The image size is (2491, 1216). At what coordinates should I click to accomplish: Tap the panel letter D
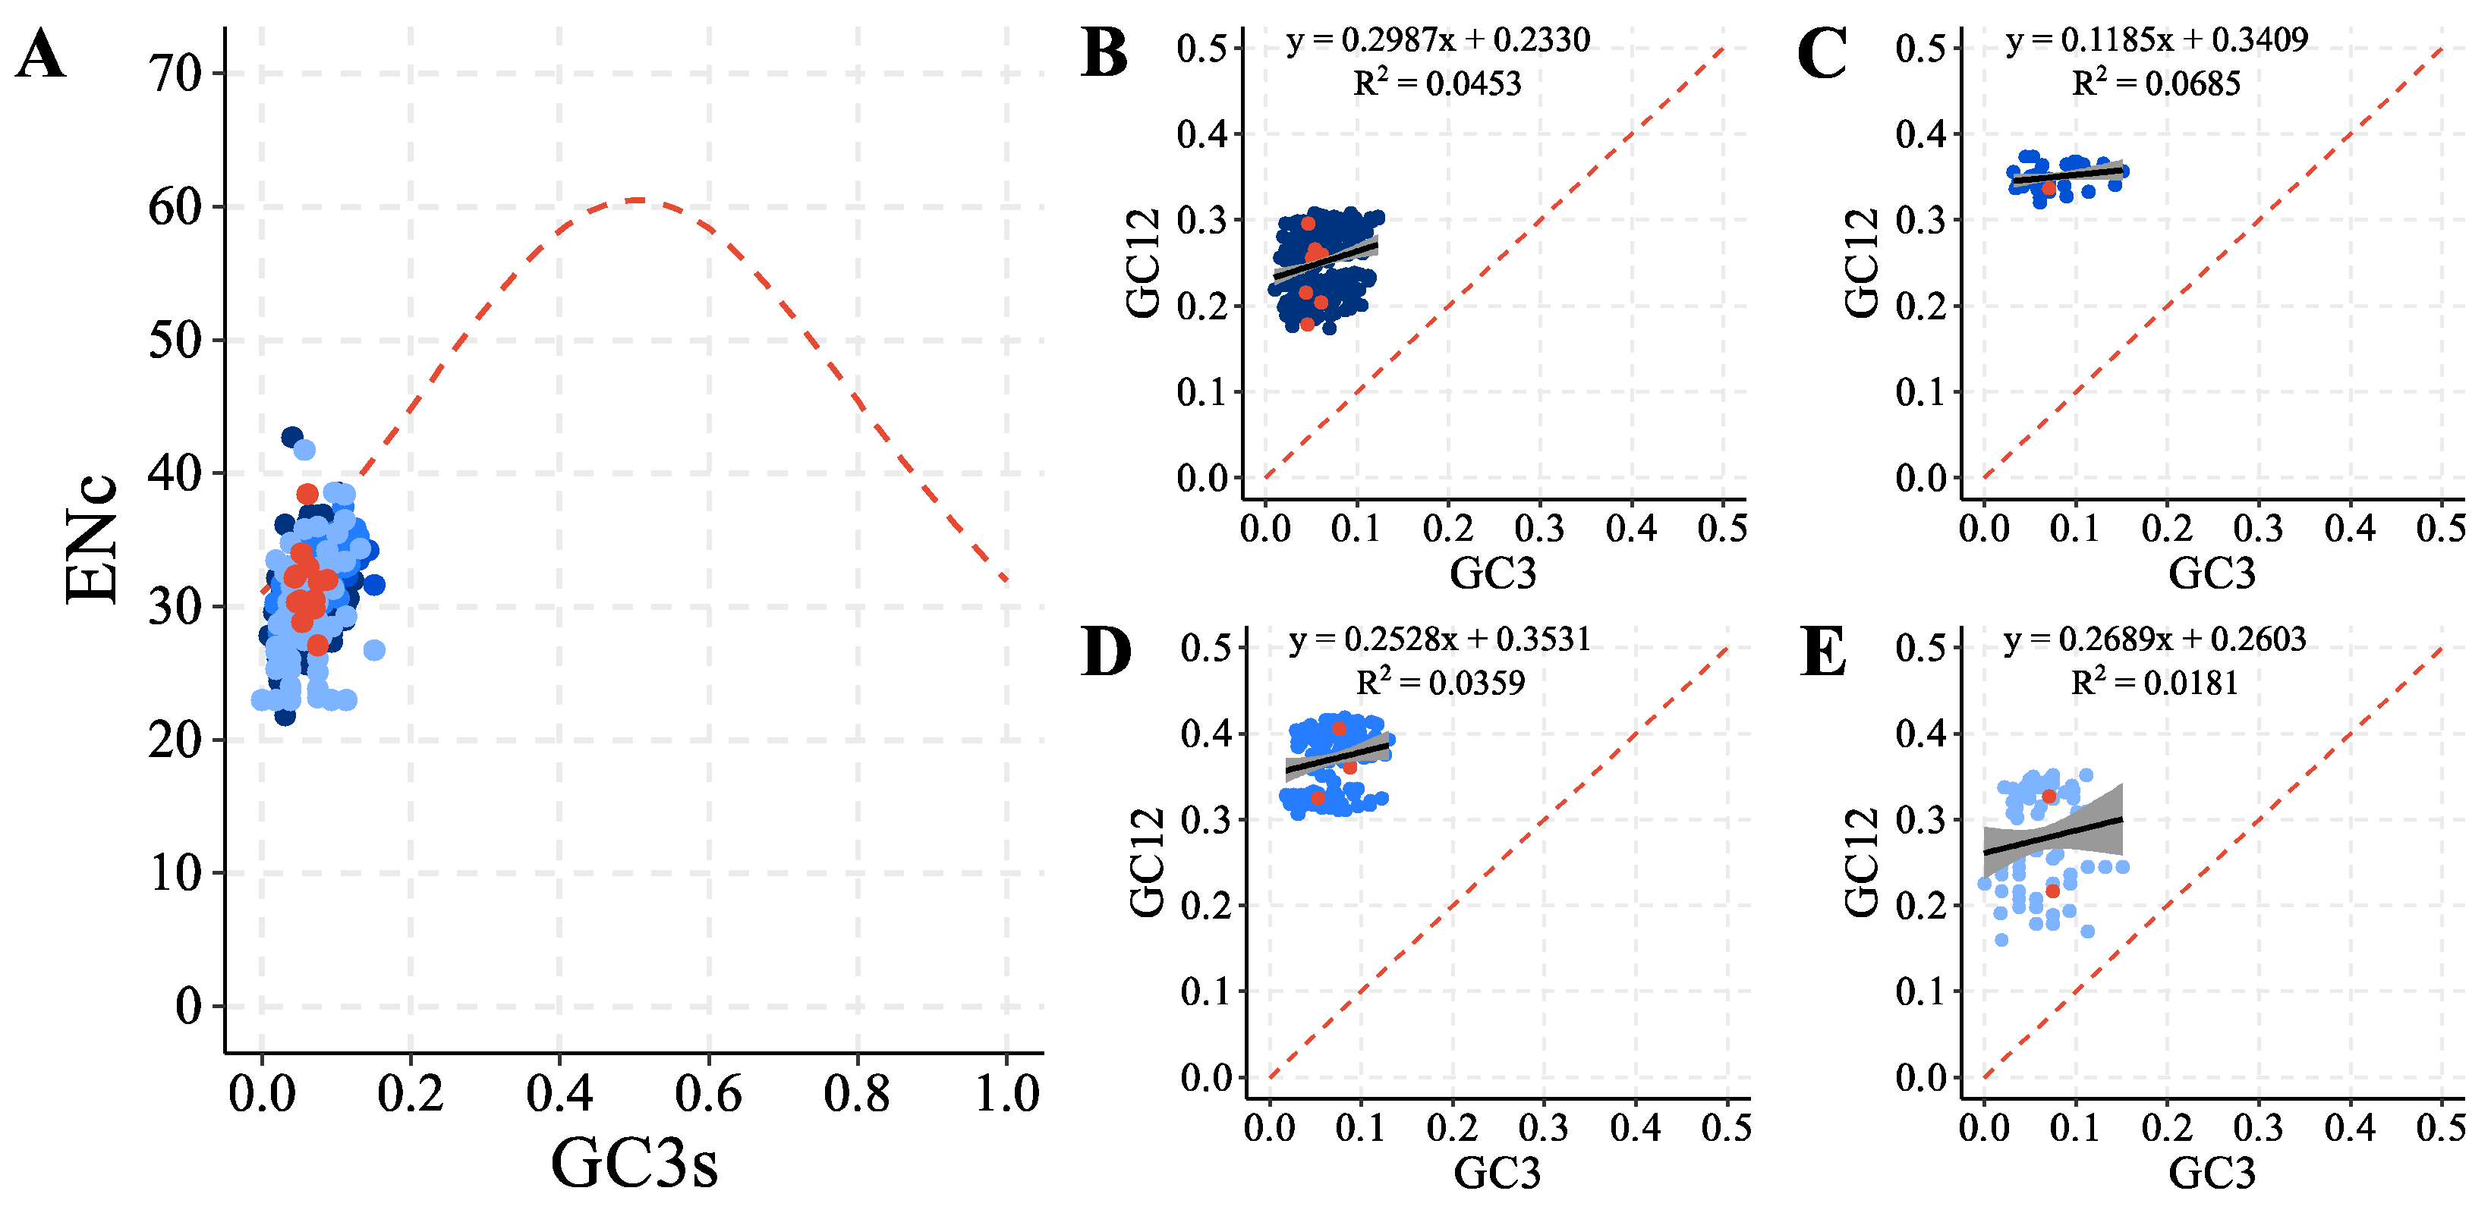(1105, 652)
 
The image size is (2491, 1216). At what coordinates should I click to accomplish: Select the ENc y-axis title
(91, 539)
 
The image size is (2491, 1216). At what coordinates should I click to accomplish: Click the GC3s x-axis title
(635, 1162)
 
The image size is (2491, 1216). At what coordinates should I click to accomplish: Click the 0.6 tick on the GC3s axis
(708, 1093)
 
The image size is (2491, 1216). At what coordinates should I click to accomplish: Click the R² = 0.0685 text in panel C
(2156, 83)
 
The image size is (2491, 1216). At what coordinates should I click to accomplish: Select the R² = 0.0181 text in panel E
(2155, 683)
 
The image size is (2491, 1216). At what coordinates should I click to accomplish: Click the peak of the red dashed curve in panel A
(636, 200)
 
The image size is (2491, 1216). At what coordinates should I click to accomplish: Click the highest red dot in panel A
(307, 494)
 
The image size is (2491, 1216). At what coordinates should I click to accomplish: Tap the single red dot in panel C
(2048, 188)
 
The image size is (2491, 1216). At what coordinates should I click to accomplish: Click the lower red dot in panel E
(2053, 891)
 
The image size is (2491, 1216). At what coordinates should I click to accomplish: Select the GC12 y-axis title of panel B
(1143, 263)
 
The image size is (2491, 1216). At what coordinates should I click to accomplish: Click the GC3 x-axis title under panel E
(2212, 1173)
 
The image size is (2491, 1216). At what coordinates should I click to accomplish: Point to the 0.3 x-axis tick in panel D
(1543, 1127)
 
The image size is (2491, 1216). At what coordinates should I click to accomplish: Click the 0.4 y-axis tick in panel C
(1919, 134)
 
